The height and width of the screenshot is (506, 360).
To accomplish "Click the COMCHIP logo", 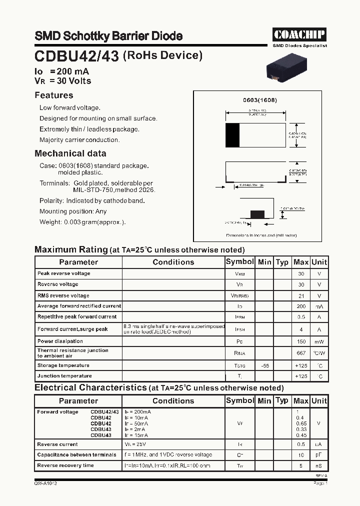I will pos(299,34).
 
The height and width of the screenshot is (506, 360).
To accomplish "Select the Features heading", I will pos(53,95).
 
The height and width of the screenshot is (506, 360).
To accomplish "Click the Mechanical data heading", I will pos(70,153).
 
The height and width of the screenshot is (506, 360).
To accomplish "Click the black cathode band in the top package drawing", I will pos(232,135).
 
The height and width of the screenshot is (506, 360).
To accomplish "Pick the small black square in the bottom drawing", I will pos(257,214).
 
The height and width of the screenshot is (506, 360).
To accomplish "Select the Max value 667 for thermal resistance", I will pos(300,353).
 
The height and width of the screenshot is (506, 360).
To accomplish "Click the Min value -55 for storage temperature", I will pos(264,366).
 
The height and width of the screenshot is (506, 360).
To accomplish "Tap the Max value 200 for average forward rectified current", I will pos(300,306).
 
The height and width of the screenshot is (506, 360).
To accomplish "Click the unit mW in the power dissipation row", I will pos(319,342).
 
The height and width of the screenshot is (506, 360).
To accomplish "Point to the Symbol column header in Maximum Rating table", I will pos(239,262).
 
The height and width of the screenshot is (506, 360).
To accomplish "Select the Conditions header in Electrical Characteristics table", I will pos(173,401).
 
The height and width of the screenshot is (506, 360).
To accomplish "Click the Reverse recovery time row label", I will pos(65,465).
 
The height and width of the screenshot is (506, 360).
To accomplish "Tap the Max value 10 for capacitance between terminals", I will pos(301,455).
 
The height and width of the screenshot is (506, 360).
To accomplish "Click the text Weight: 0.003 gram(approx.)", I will pos(82,222).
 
